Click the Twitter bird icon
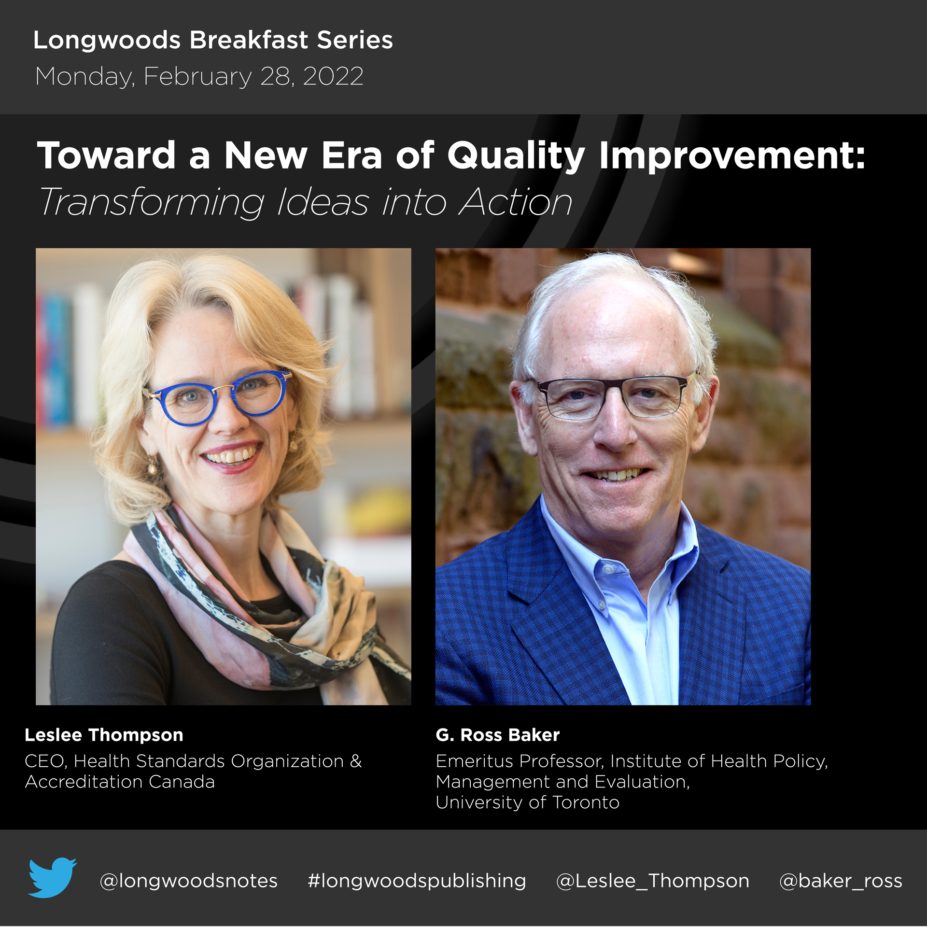point(52,877)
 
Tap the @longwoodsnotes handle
point(188,881)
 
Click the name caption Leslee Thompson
point(104,735)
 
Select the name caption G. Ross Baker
point(497,735)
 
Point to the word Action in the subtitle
point(516,202)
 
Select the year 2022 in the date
point(333,76)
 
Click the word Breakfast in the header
point(249,40)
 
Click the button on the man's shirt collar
point(609,570)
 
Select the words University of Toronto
point(527,802)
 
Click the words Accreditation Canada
point(120,782)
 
